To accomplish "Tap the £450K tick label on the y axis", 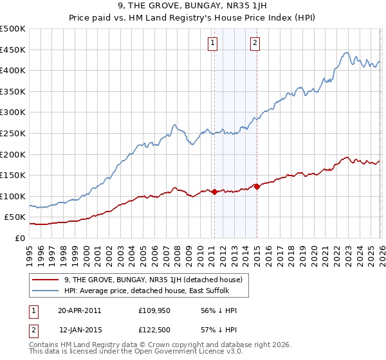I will [x=13, y=50].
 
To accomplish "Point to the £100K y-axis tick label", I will [x=13, y=196].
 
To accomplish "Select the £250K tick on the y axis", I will [x=13, y=133].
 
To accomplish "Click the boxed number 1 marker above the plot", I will [x=212, y=43].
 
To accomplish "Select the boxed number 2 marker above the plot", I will [x=255, y=43].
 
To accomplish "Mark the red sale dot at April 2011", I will [x=214, y=192].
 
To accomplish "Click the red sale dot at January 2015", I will [x=257, y=186].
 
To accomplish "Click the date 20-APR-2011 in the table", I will [x=79, y=310].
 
